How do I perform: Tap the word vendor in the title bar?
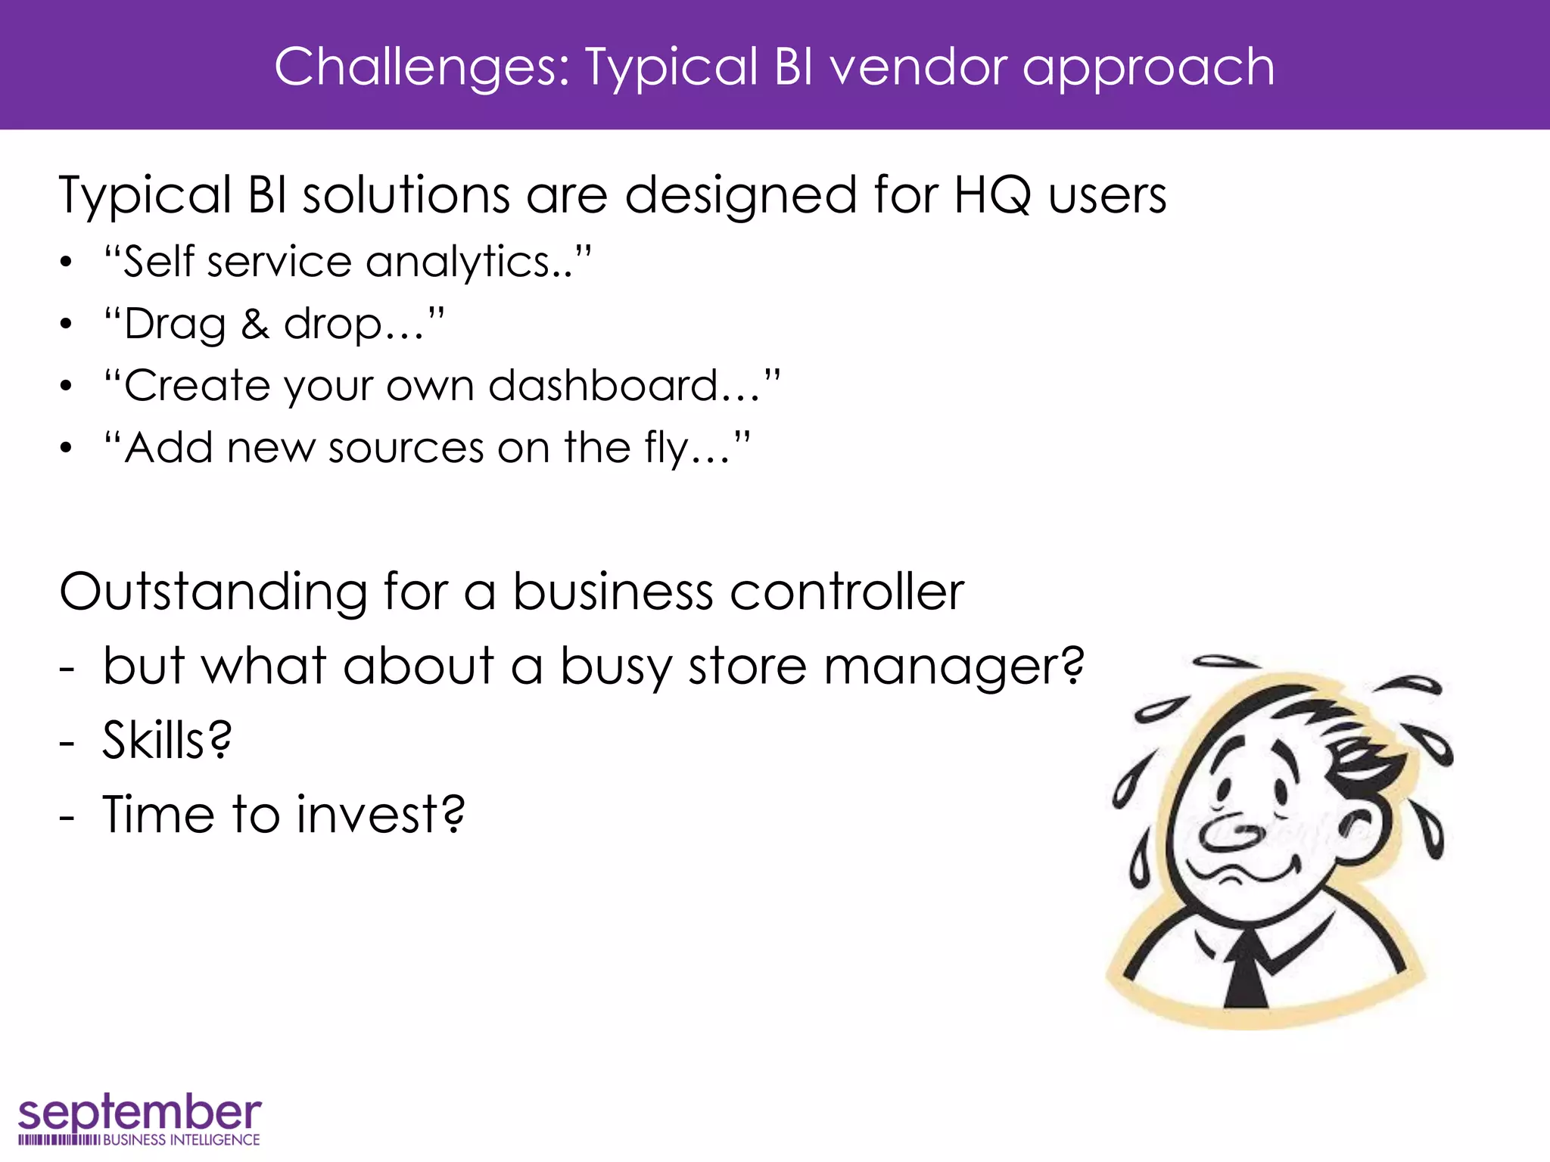tap(918, 68)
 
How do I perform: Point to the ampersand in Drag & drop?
tap(255, 325)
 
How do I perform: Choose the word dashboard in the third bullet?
tap(623, 387)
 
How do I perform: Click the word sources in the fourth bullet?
tap(406, 449)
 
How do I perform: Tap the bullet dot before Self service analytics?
tap(67, 263)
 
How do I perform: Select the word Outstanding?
tap(213, 592)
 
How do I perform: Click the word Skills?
tap(167, 740)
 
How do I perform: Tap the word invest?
tap(379, 815)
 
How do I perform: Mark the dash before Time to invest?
tap(67, 817)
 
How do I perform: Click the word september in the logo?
tap(139, 1113)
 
